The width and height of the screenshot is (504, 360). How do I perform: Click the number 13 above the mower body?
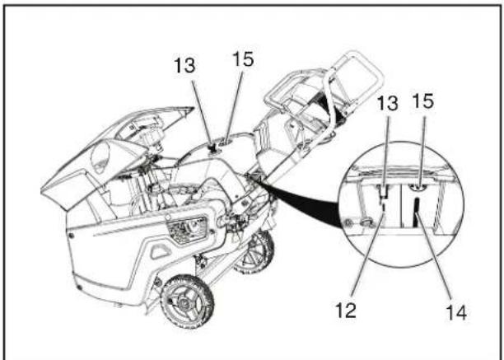(184, 65)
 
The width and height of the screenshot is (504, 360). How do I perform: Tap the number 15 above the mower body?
(243, 59)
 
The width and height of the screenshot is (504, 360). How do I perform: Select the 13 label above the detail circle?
(387, 103)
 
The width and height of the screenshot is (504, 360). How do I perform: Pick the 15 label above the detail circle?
(423, 101)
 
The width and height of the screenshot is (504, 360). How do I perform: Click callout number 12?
(346, 311)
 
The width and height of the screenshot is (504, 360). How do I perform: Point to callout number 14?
(456, 312)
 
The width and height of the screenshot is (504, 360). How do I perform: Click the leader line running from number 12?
(368, 255)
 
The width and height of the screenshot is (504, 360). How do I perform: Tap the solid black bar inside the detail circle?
(416, 212)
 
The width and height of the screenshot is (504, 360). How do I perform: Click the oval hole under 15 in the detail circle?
(418, 187)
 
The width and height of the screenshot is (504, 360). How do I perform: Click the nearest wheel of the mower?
(187, 302)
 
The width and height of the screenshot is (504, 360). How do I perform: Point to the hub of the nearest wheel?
(184, 302)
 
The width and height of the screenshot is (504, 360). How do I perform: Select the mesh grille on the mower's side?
(187, 230)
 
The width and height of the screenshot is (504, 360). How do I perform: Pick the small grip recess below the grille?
(161, 250)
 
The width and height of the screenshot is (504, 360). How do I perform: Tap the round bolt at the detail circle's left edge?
(348, 222)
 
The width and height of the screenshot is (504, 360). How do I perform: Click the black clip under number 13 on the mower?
(212, 148)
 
